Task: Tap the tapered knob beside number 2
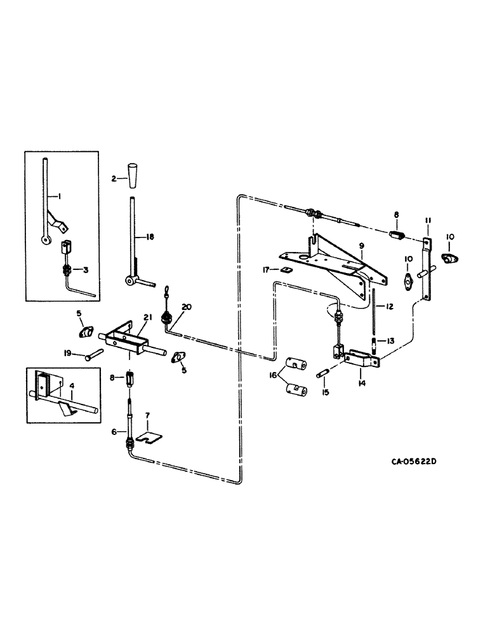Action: (133, 175)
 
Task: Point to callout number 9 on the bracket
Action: (361, 244)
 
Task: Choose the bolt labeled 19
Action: (95, 354)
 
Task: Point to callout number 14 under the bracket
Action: (360, 382)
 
